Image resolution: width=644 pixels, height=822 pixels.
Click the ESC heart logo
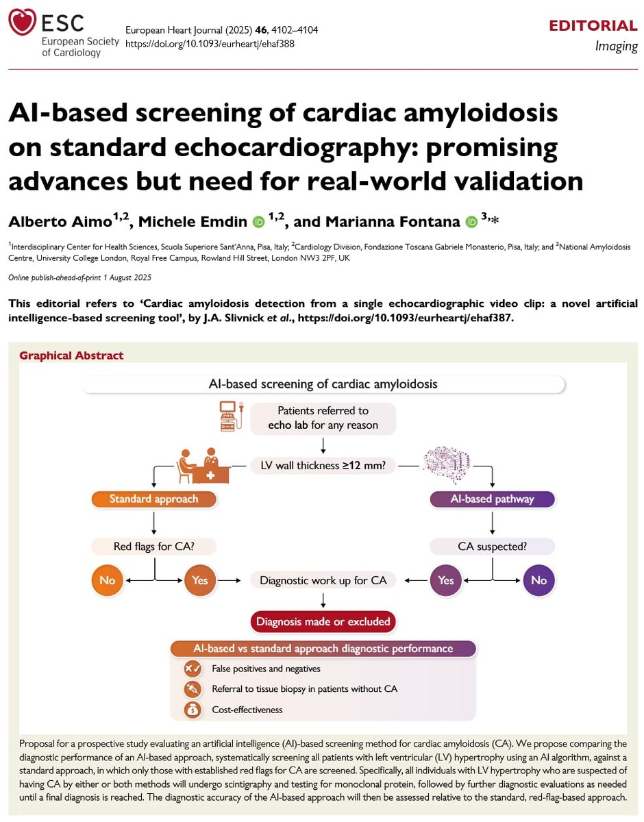coord(23,22)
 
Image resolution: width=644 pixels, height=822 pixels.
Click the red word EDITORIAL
coord(593,26)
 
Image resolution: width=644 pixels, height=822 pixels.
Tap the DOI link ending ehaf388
coord(210,44)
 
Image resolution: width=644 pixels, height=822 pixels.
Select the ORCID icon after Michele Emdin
coord(259,222)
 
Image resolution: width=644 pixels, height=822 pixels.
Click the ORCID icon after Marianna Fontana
coord(471,222)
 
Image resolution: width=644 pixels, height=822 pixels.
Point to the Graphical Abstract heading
coord(71,356)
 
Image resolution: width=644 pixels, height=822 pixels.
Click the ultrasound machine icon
coord(232,416)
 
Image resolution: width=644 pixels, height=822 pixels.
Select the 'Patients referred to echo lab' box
coord(323,418)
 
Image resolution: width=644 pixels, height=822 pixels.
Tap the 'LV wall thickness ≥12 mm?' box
coord(323,465)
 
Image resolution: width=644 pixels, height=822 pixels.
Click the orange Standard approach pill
coord(154,499)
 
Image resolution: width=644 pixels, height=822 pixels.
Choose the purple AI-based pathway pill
coord(492,499)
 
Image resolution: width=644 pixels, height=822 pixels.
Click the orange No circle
coord(108,580)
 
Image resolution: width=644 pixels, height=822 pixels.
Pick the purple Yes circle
coord(446,580)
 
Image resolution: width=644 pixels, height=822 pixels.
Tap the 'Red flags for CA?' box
coord(154,546)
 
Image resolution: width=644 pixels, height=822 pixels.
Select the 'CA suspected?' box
coord(492,546)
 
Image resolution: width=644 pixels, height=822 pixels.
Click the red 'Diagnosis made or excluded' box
coord(323,621)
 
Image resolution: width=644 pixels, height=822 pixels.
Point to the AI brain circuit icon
coord(446,465)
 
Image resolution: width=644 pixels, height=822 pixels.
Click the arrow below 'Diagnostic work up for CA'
coord(323,600)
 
